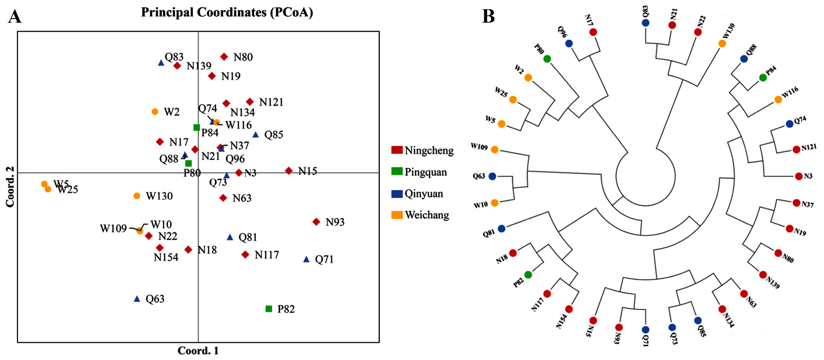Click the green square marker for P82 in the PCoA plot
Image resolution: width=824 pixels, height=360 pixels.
[269, 309]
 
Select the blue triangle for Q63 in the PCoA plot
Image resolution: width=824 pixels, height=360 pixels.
[137, 299]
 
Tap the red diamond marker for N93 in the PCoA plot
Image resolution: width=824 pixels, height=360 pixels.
[316, 222]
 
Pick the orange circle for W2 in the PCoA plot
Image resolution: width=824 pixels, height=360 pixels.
[155, 112]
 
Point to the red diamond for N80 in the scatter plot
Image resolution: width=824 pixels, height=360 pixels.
[224, 57]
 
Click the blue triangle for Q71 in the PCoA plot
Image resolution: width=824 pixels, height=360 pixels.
[306, 259]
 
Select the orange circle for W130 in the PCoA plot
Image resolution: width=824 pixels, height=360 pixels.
[137, 196]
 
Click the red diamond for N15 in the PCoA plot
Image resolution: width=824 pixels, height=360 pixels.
[289, 171]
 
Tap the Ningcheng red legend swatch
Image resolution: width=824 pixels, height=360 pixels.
[397, 150]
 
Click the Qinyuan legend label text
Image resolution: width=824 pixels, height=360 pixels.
[424, 194]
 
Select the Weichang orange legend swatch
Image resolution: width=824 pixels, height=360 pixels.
[397, 215]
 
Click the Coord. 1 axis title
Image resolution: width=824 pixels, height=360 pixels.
[198, 351]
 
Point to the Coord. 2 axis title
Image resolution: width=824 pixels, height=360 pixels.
[10, 187]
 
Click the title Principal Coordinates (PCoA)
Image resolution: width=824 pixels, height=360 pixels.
[227, 12]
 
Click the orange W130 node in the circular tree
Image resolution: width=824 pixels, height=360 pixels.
[722, 43]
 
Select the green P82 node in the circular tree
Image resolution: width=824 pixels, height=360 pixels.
[528, 275]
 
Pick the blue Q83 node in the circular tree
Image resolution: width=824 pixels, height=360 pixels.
[645, 23]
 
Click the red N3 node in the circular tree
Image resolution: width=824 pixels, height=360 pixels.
[799, 176]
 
